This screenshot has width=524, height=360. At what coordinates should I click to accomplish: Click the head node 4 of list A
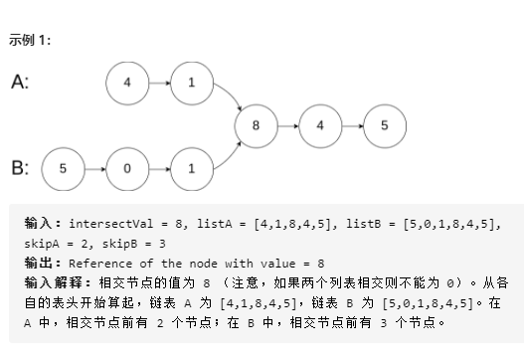(x=127, y=84)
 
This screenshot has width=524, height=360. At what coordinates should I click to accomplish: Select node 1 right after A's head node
(x=192, y=84)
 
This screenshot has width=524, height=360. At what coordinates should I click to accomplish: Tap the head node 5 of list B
(x=63, y=168)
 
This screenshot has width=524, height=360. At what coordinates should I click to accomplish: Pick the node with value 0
(x=127, y=168)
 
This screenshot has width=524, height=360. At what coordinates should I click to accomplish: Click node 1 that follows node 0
(x=192, y=168)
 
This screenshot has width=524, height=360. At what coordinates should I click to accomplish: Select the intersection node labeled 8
(x=256, y=126)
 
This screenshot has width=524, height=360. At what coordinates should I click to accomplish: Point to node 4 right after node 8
(x=320, y=126)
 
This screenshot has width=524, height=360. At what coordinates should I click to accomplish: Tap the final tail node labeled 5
(x=385, y=126)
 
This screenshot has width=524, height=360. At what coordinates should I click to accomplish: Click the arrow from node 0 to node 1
(x=159, y=168)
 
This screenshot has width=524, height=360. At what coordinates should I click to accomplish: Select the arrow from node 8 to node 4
(x=288, y=126)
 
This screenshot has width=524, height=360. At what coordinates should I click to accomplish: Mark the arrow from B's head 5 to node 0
(x=94, y=168)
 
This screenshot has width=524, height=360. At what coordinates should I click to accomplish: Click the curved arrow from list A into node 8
(x=232, y=94)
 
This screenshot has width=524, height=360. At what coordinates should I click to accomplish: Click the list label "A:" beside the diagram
(x=20, y=82)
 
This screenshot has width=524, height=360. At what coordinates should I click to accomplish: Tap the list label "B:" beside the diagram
(x=20, y=167)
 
